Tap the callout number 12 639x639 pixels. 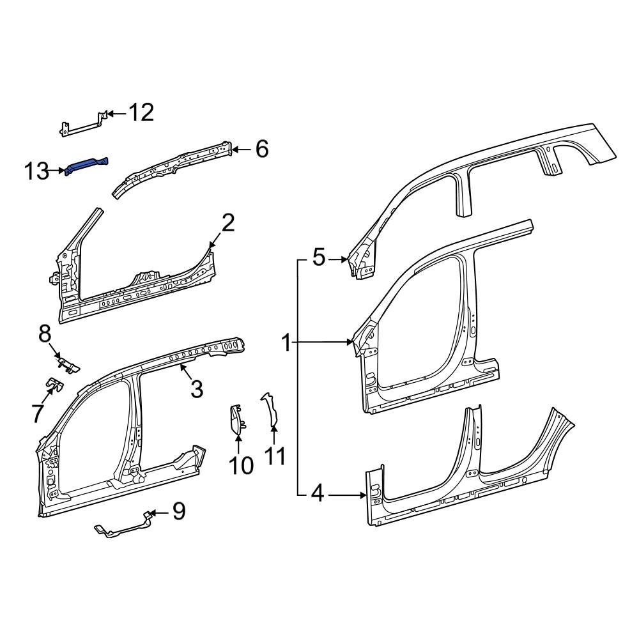pos(141,113)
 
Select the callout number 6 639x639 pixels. pos(261,150)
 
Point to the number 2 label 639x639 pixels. pos(228,223)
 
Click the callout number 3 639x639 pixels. pos(197,388)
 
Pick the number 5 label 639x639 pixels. pos(319,258)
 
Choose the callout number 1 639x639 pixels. pos(288,344)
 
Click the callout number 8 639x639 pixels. pos(45,333)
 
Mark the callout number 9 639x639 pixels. pos(178,511)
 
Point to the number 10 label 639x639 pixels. pos(241,466)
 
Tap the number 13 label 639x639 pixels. pos(37,171)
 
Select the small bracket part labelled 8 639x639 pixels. pos(69,364)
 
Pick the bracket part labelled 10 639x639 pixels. pos(235,420)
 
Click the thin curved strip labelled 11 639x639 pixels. pos(270,409)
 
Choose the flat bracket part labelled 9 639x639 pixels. pos(125,527)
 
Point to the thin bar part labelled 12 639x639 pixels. pos(82,126)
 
